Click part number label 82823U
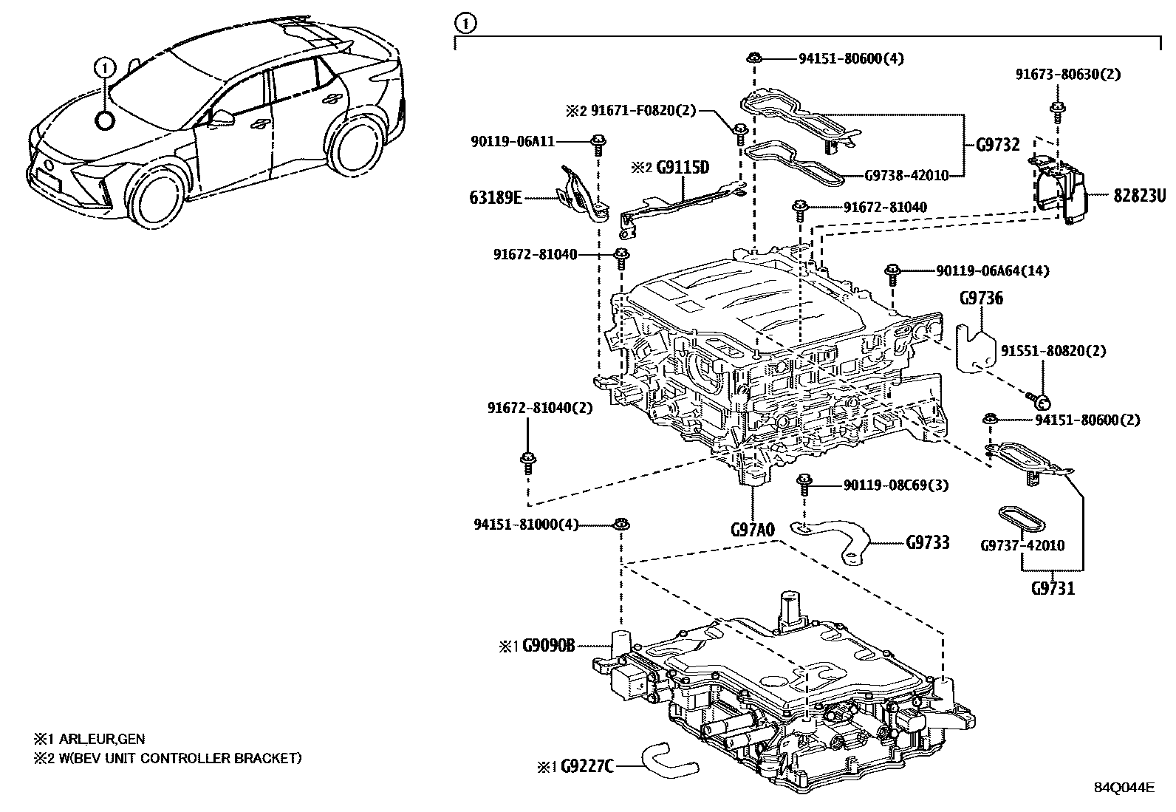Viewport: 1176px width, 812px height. [1141, 196]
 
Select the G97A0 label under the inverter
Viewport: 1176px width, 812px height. [752, 529]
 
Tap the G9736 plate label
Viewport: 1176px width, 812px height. [981, 298]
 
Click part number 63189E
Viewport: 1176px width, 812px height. [495, 197]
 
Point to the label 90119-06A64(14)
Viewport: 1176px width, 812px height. [992, 271]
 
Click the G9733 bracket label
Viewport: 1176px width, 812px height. [928, 543]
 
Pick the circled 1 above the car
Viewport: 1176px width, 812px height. [105, 68]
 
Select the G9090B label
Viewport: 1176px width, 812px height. [548, 646]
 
